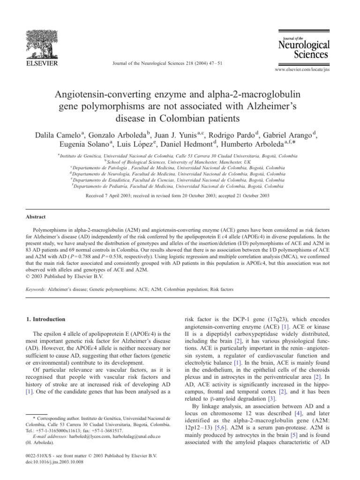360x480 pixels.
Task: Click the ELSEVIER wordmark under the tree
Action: click(39, 63)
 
